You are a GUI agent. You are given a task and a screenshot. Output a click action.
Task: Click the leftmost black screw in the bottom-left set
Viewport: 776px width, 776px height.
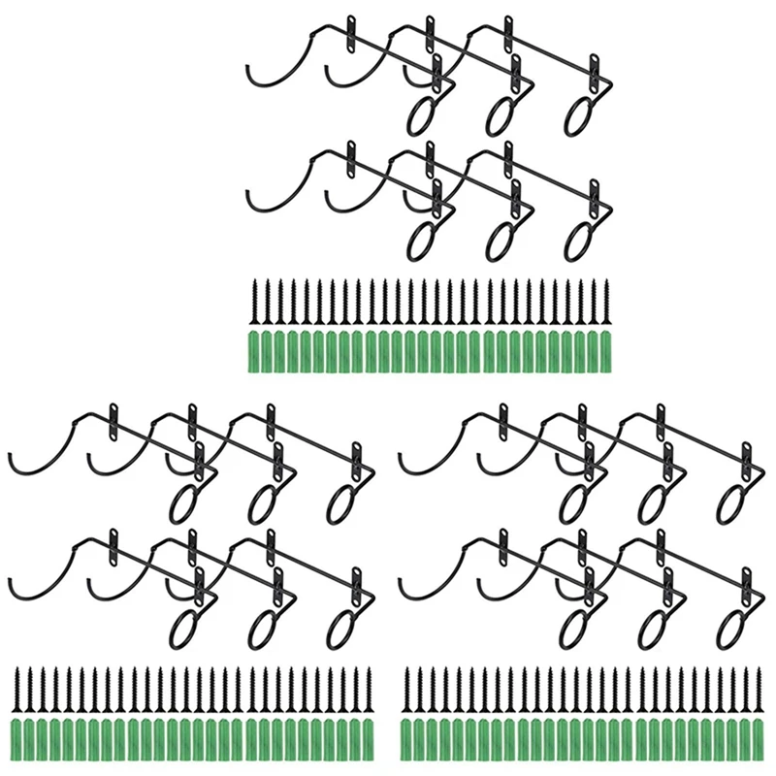pyautogui.click(x=16, y=691)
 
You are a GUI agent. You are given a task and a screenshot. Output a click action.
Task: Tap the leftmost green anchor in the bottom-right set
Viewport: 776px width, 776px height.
pyautogui.click(x=406, y=737)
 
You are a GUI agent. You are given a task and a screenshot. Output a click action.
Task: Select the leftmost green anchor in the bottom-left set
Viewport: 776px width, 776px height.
pyautogui.click(x=16, y=737)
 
